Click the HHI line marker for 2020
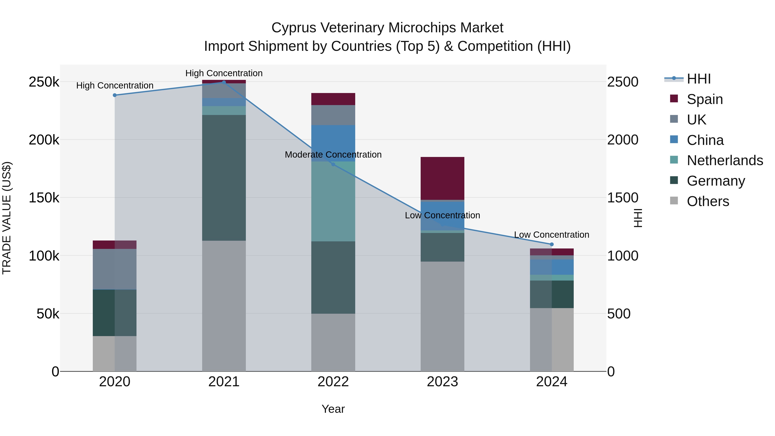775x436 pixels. [x=115, y=95]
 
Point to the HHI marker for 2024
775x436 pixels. [x=552, y=244]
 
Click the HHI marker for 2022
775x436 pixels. [x=333, y=164]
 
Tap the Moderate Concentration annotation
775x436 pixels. [x=333, y=155]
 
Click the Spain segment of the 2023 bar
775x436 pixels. [x=442, y=178]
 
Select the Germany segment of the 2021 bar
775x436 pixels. [x=224, y=178]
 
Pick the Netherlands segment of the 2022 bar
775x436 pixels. [x=333, y=202]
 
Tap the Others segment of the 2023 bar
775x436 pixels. [x=442, y=316]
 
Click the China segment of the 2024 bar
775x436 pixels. [x=552, y=267]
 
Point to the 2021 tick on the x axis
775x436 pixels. [x=224, y=382]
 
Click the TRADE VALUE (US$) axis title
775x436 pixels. [x=7, y=218]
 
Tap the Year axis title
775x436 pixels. [x=333, y=409]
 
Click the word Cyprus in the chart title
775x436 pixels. [x=294, y=28]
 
